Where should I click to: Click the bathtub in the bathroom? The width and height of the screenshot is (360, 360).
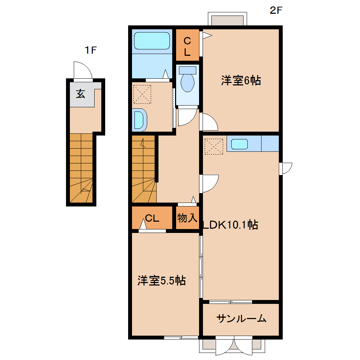[152, 41]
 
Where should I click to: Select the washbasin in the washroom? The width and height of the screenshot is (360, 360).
[140, 119]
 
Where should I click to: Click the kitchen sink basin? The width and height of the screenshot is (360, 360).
[240, 144]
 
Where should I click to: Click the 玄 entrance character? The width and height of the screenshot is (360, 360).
[81, 94]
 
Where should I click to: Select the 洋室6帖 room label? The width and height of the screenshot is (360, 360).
[241, 81]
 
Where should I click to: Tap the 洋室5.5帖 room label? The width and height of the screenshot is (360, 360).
[162, 281]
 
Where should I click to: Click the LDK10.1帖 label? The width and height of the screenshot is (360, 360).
[230, 224]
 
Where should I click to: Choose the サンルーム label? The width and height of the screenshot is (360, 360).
[241, 319]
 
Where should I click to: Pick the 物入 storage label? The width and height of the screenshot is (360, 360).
[187, 218]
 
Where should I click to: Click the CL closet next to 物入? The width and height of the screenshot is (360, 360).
[152, 218]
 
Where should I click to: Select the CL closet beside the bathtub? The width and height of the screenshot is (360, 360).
[187, 47]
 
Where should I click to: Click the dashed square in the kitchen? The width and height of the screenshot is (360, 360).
[214, 146]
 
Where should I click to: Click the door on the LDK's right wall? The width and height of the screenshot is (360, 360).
[285, 168]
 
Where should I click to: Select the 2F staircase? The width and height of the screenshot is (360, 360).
[144, 169]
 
